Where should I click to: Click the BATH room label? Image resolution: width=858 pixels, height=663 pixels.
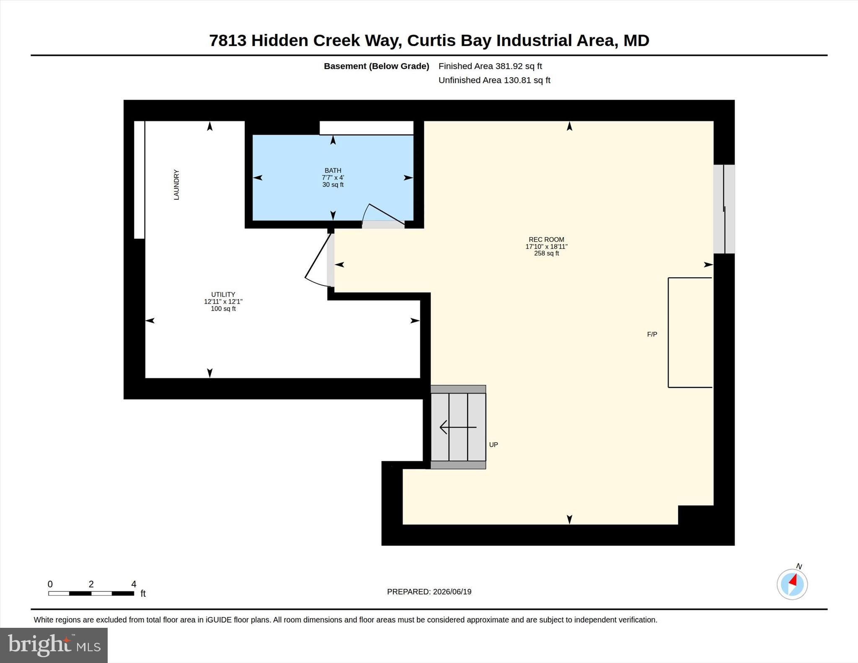pos(333,170)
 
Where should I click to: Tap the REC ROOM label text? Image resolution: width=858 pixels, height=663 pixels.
pos(546,240)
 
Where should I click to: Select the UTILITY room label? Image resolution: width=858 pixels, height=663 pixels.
pos(223,294)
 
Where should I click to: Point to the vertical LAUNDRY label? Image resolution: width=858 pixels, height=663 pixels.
pos(176,185)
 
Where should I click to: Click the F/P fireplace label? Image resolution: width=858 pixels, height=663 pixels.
pos(652,334)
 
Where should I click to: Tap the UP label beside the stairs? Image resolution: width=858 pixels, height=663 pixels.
pos(494,445)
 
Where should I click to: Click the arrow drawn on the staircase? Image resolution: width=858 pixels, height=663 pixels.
pos(458,427)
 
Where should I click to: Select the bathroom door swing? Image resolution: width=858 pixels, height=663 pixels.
pos(383,214)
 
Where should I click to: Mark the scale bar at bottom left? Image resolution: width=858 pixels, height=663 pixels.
pos(91,593)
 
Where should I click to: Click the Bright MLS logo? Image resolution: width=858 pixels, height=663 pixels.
pos(54,645)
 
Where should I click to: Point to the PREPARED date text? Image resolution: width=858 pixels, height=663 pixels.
pos(429,592)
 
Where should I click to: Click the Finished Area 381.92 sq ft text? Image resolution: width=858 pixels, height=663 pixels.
pos(490,66)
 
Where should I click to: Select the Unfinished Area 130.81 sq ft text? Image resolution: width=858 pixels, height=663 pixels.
pos(494,80)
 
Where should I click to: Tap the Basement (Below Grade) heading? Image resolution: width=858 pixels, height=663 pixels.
pos(376,66)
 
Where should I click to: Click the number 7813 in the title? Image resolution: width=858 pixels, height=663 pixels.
pos(227,41)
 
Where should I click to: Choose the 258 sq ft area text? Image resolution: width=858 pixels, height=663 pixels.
pos(546,253)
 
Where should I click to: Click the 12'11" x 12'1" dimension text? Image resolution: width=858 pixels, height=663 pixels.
pos(223,302)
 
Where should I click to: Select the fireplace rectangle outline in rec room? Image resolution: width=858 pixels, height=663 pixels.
pos(669,333)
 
